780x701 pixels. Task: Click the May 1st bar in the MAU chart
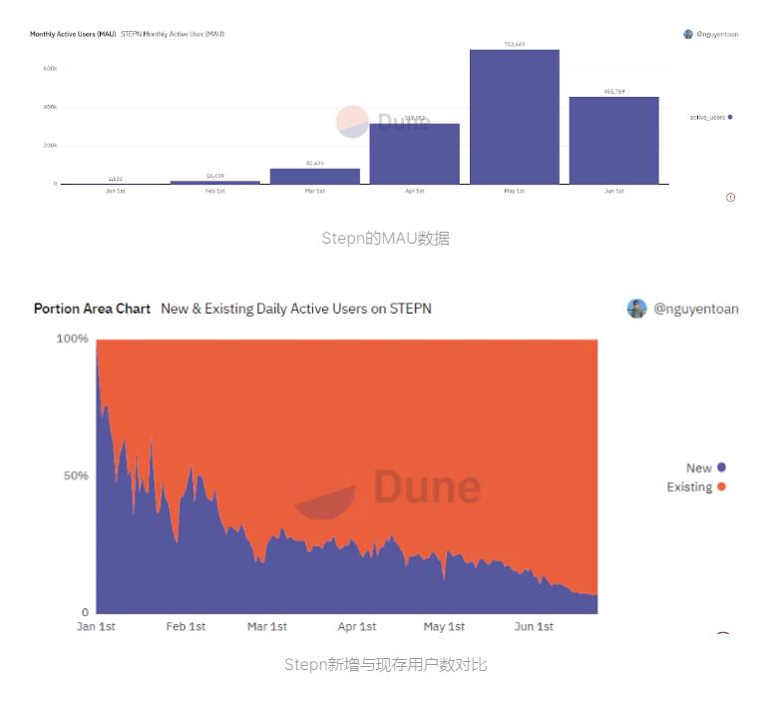click(x=514, y=117)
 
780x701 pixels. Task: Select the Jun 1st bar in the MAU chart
click(x=613, y=140)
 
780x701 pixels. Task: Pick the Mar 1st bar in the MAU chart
click(x=314, y=176)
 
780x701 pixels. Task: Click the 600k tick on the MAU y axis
click(x=50, y=69)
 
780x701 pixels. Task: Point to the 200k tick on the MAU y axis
click(x=50, y=146)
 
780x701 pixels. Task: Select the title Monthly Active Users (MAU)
click(x=73, y=34)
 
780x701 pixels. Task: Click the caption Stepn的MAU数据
click(x=385, y=239)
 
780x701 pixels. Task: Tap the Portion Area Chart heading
click(x=92, y=309)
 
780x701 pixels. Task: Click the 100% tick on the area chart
click(x=72, y=340)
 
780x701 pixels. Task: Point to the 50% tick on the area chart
click(x=76, y=475)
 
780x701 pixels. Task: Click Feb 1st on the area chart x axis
click(x=186, y=627)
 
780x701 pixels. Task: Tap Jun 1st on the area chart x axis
click(x=534, y=627)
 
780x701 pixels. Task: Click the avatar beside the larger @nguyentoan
click(x=636, y=309)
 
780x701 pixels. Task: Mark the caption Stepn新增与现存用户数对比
click(x=385, y=664)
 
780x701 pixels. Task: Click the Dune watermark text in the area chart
click(x=427, y=487)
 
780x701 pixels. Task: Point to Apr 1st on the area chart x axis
click(x=357, y=627)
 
